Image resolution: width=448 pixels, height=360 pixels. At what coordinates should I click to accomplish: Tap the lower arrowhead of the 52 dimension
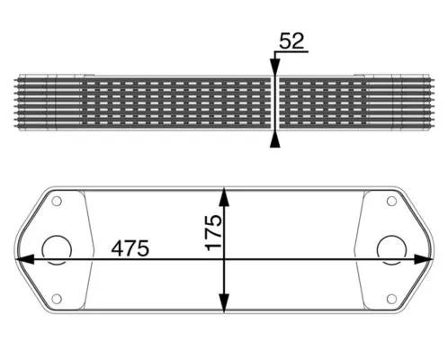(x=274, y=138)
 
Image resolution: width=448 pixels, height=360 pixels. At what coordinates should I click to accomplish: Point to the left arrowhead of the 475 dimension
(x=25, y=259)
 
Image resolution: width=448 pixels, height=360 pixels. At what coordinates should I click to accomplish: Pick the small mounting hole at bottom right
(x=390, y=298)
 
